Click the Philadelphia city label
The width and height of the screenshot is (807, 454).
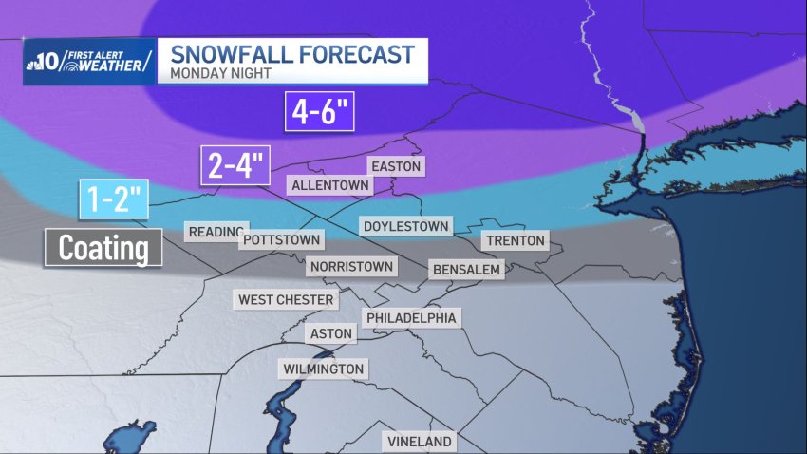411,318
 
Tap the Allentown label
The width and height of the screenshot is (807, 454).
328,184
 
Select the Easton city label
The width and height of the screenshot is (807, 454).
395,166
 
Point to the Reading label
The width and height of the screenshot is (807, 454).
216,232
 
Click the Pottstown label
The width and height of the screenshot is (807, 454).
281,240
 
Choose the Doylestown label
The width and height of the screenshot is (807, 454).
405,226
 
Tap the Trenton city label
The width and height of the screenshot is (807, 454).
516,241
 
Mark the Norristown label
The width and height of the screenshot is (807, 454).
350,267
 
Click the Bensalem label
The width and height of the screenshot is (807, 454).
466,270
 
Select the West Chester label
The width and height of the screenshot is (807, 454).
286,300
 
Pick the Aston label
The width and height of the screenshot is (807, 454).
331,334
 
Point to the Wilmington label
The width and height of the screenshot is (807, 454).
323,369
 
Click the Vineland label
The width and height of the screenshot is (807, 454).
420,442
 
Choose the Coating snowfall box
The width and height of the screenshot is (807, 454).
103,248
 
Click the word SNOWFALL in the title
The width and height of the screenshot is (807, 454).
224,51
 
